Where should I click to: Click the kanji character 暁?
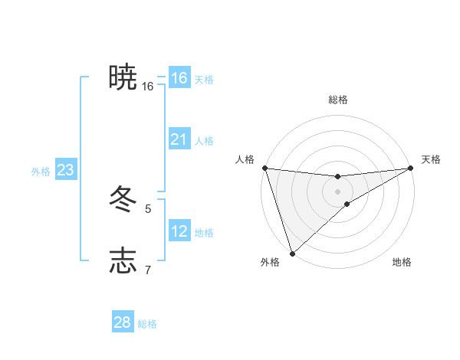coord(123,77)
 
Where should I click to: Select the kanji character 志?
coord(123,260)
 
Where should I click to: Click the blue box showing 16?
coord(179,78)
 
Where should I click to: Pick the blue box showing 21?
coord(179,139)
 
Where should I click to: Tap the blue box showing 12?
coord(179,231)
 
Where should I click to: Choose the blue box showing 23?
coord(65,170)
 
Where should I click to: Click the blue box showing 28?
coord(123,322)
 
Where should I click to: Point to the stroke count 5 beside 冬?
coord(148,208)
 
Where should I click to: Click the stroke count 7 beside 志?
coord(148,270)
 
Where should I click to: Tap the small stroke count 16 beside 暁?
coord(148,87)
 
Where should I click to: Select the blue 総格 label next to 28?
coord(147,324)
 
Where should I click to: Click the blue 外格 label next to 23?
coord(41,172)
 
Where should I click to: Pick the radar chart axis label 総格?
coord(337,100)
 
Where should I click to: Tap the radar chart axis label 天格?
coord(431,159)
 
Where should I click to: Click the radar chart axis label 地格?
coord(402,262)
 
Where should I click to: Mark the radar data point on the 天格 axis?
coord(411,168)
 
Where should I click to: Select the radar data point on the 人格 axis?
coord(264,168)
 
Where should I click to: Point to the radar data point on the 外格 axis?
coord(292,253)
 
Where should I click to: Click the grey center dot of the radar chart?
coord(337,191)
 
